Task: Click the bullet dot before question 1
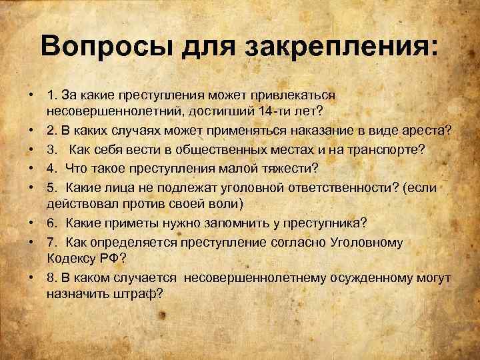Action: [31, 93]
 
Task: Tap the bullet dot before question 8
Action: [31, 275]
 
